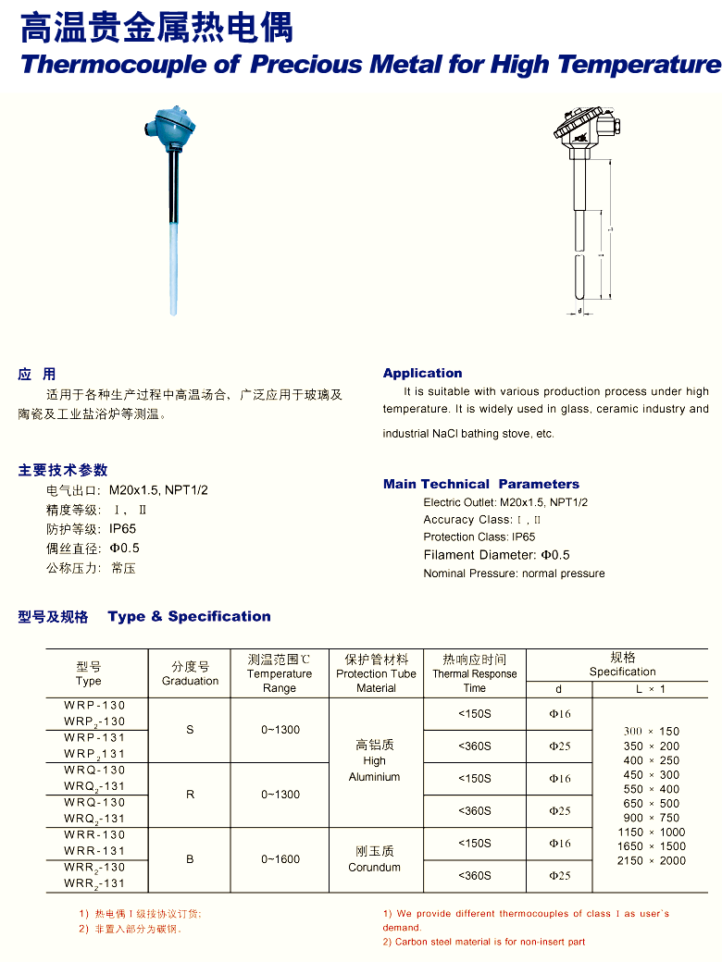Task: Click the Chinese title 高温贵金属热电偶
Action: pyautogui.click(x=156, y=28)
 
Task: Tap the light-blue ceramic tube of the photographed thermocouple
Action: pyautogui.click(x=174, y=268)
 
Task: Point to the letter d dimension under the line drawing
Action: pyautogui.click(x=579, y=312)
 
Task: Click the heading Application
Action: pyautogui.click(x=422, y=373)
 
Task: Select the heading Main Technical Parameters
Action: pyautogui.click(x=480, y=484)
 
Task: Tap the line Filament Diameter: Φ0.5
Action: pyautogui.click(x=496, y=555)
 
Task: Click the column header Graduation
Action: pyautogui.click(x=190, y=674)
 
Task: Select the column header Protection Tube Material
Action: pyautogui.click(x=376, y=674)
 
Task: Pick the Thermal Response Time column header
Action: pyautogui.click(x=474, y=674)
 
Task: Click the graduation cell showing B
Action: pyautogui.click(x=190, y=859)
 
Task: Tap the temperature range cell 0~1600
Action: pyautogui.click(x=280, y=859)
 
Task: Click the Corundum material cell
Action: pyautogui.click(x=375, y=859)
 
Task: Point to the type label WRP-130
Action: pyautogui.click(x=94, y=705)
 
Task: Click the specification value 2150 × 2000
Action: pyautogui.click(x=652, y=860)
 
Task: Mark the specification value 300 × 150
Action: pyautogui.click(x=652, y=731)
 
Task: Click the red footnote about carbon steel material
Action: pyautogui.click(x=484, y=942)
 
